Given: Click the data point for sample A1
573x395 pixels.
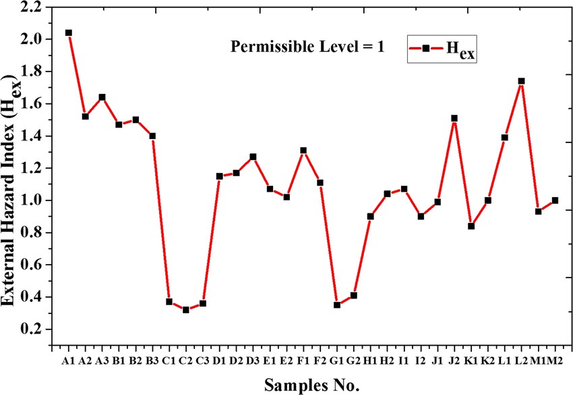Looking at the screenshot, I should [x=69, y=32].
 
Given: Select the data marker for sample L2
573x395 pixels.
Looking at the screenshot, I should [x=521, y=81].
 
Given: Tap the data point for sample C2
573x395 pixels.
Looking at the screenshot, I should [x=186, y=310].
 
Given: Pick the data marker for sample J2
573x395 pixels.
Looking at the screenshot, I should [x=454, y=118].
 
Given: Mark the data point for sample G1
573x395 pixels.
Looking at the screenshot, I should [x=337, y=305].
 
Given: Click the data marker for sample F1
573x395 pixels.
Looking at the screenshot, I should [x=303, y=151].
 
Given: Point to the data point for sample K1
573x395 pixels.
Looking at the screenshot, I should [x=471, y=226].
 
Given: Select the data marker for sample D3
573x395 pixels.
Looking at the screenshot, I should [x=253, y=157].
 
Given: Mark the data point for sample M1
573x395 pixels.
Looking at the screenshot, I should [x=538, y=211].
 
